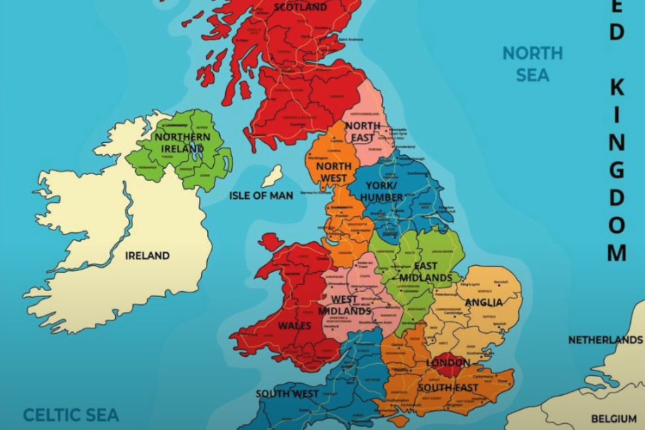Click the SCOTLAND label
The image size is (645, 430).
[x=300, y=7]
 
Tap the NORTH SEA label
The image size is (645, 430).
[x=532, y=64]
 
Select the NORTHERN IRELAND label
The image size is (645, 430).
[x=182, y=143]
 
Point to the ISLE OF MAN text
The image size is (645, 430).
[x=261, y=196]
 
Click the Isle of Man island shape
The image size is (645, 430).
[x=273, y=176]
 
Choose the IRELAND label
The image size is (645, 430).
[x=147, y=255]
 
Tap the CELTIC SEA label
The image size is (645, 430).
[x=71, y=415]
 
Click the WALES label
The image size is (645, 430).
[x=294, y=326]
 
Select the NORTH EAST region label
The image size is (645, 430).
[x=362, y=132]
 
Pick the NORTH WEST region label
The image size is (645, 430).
[x=334, y=172]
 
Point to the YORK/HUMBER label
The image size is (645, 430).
[x=381, y=191]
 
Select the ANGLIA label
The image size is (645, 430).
[x=484, y=303]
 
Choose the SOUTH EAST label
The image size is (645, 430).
[x=448, y=388]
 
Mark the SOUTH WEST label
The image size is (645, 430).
[x=287, y=393]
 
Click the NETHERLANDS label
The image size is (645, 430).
[x=605, y=340]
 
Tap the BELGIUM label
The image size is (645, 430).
[x=614, y=418]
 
